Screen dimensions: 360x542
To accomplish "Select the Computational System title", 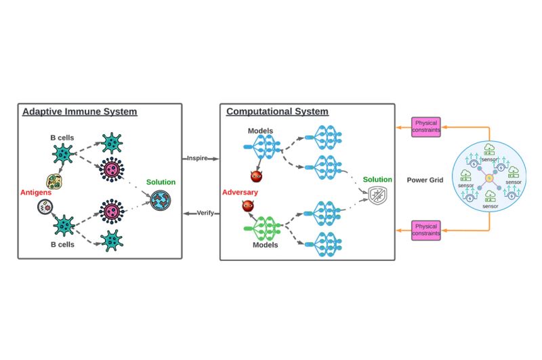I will pyautogui.click(x=277, y=112).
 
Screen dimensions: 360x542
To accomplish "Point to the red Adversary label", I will pyautogui.click(x=240, y=193).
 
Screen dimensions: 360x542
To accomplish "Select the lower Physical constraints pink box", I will pyautogui.click(x=427, y=229).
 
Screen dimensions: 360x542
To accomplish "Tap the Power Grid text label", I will pyautogui.click(x=425, y=180).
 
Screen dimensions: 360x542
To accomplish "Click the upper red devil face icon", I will pyautogui.click(x=256, y=176).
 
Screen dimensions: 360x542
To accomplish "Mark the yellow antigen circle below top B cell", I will pyautogui.click(x=53, y=181).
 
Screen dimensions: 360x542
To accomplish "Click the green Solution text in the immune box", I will pyautogui.click(x=161, y=182).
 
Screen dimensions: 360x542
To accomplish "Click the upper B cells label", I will pyautogui.click(x=62, y=137).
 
